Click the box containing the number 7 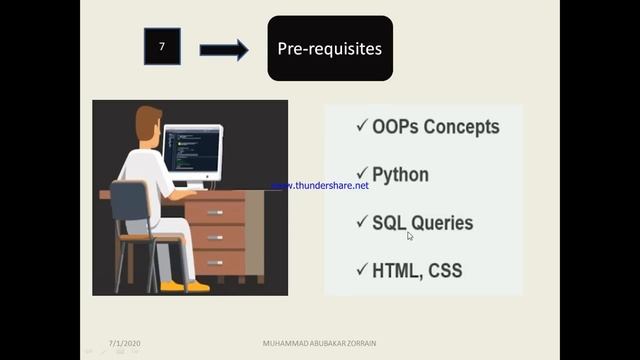(162, 48)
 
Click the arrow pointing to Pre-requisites (224, 49)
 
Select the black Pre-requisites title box (329, 48)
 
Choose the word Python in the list (400, 175)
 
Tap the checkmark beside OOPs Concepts (362, 127)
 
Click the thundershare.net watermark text (320, 186)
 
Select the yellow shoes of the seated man (183, 286)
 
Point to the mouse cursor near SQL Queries (410, 236)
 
